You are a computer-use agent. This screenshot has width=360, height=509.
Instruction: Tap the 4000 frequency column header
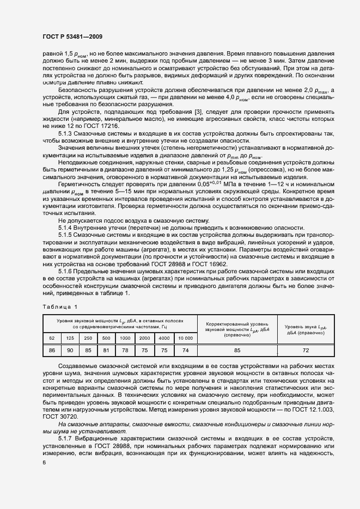pyautogui.click(x=164, y=338)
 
